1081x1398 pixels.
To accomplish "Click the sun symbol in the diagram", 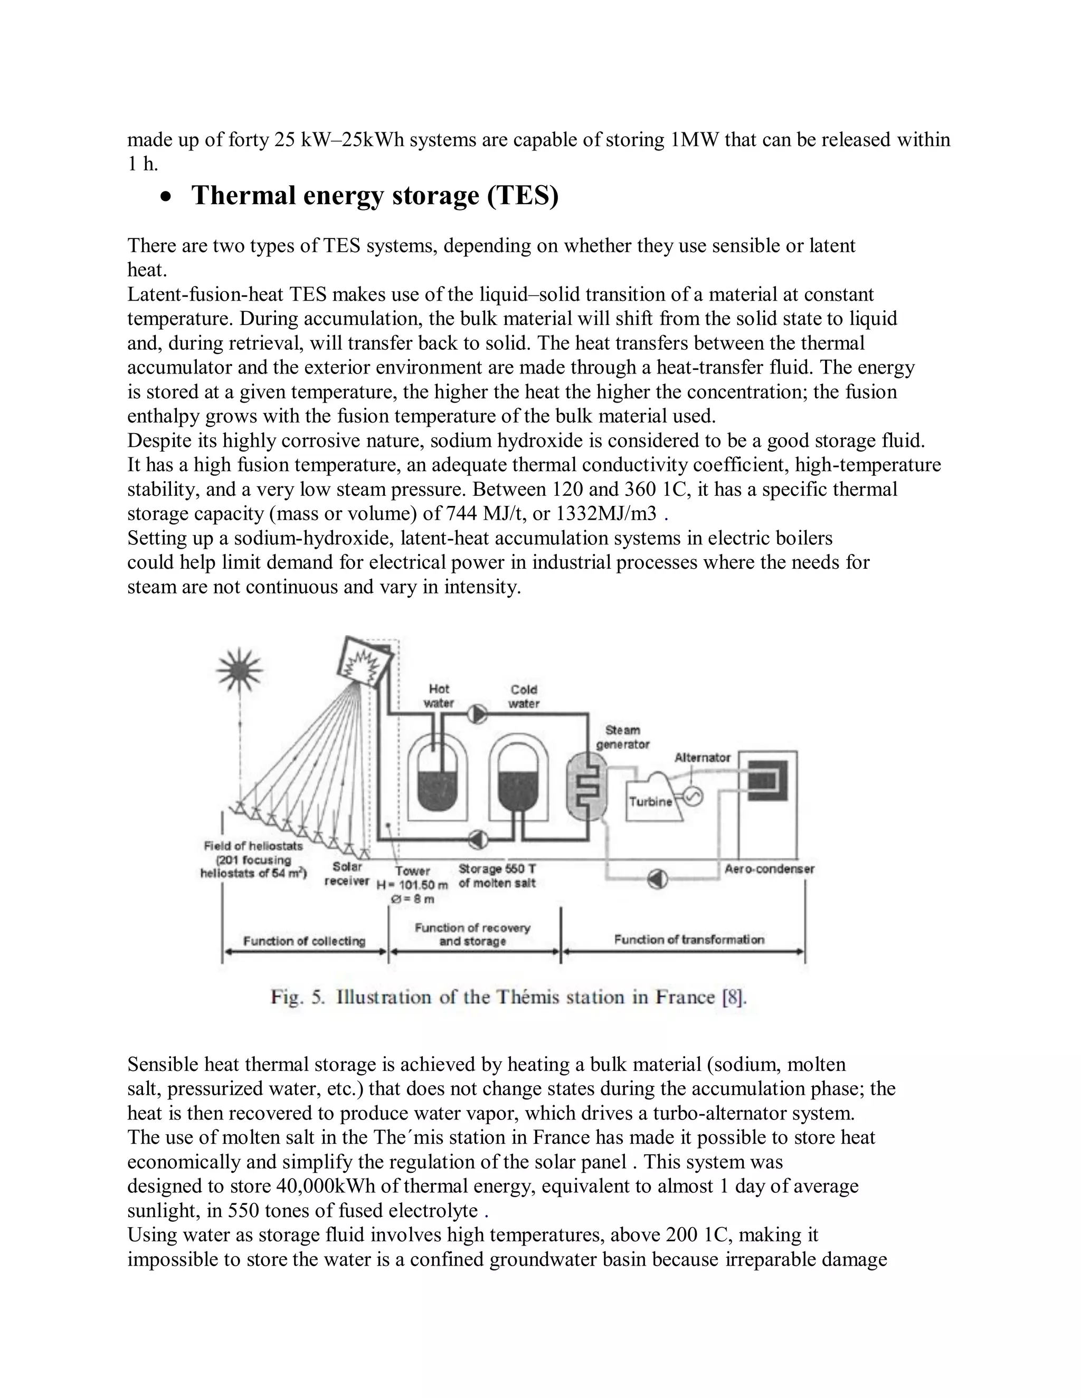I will (240, 670).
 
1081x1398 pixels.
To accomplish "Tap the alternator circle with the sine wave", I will (694, 796).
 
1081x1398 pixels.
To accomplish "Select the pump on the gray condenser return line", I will (658, 879).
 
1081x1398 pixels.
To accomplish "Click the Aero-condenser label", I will (769, 869).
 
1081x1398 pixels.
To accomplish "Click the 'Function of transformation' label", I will (689, 940).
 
